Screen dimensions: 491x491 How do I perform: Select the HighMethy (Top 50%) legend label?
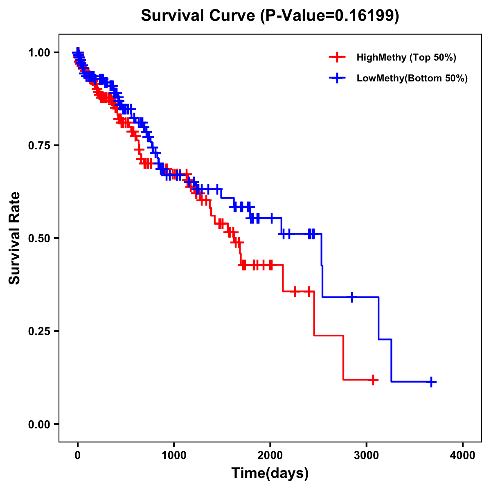click(x=406, y=57)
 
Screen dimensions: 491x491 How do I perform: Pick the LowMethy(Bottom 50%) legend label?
click(x=412, y=78)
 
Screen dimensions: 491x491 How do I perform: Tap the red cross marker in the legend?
click(x=337, y=57)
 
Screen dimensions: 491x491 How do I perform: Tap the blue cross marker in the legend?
click(x=337, y=78)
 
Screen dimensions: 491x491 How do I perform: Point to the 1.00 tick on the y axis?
click(x=39, y=53)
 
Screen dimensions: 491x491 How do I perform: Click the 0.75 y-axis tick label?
click(x=39, y=146)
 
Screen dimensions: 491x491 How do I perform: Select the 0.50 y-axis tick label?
click(x=39, y=239)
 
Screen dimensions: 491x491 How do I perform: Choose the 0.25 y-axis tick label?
click(x=39, y=331)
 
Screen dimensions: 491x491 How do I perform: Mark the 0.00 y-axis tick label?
click(x=39, y=424)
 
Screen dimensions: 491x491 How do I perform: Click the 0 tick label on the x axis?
click(x=78, y=455)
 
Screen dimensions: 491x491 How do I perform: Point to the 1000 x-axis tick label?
click(x=174, y=455)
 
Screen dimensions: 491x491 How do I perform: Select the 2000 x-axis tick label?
click(x=270, y=455)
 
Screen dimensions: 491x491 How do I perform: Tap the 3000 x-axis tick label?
click(x=367, y=455)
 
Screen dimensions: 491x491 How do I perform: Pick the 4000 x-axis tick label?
click(x=463, y=455)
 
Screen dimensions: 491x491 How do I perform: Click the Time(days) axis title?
click(x=270, y=473)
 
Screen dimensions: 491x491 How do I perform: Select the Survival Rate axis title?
click(x=15, y=238)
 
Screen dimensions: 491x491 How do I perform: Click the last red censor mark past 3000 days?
click(x=373, y=380)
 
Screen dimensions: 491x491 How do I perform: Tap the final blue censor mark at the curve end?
click(x=431, y=382)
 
